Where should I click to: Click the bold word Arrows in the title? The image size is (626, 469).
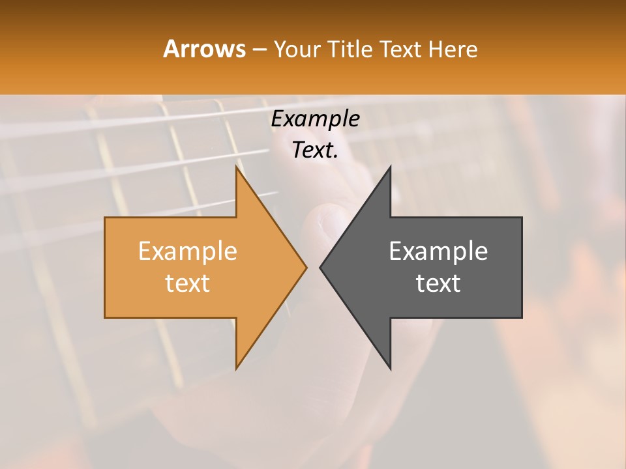coord(204,49)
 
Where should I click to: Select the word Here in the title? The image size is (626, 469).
coord(453,49)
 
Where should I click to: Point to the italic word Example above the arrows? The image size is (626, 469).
coord(315,119)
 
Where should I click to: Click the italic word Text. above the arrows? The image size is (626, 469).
coord(315,150)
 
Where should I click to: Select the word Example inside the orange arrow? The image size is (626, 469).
coord(187,251)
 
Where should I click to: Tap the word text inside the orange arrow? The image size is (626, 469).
coord(187,283)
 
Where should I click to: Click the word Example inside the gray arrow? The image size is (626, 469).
coord(438,251)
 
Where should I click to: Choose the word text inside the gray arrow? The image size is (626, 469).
coord(438,283)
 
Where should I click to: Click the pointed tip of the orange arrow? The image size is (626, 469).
coord(306,267)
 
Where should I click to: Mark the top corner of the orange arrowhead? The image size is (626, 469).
coord(237,167)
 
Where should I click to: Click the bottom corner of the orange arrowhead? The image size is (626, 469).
coord(237,368)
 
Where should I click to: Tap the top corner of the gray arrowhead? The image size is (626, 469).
coord(390,167)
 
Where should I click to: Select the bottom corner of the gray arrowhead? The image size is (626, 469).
coord(390,368)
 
